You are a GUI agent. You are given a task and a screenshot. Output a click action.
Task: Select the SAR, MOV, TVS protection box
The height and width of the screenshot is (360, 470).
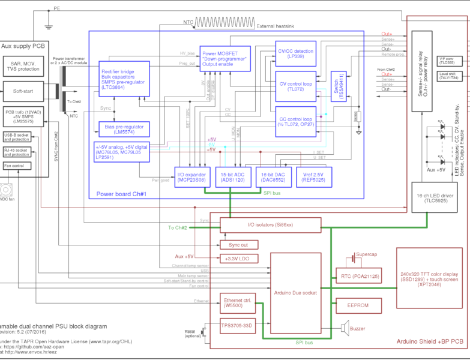[23, 66]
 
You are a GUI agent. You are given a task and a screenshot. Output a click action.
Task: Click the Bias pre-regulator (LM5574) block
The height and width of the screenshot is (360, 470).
[124, 129]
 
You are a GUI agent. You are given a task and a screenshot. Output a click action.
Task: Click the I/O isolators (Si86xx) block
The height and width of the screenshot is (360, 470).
[270, 225]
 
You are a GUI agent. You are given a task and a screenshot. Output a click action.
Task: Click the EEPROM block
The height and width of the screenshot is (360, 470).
[358, 305]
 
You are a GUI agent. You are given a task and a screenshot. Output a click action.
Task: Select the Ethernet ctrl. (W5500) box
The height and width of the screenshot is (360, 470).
[237, 303]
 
